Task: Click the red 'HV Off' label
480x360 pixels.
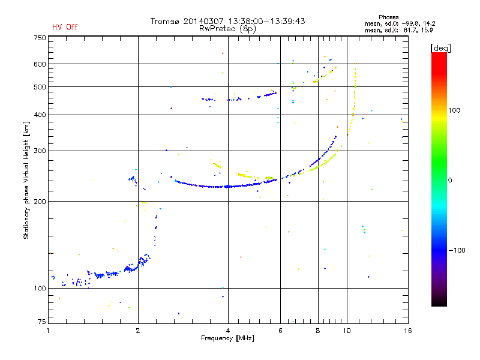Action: point(65,27)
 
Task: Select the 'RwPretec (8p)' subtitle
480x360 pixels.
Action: point(227,29)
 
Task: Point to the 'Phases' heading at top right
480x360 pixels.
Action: point(388,17)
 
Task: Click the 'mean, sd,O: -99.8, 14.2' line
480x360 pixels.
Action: point(400,23)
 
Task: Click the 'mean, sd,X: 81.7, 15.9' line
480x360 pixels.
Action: point(398,31)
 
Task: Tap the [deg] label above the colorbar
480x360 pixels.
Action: point(440,48)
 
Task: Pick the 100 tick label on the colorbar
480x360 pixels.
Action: point(454,110)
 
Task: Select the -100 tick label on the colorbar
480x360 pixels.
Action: point(457,250)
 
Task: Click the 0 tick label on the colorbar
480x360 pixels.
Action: point(450,181)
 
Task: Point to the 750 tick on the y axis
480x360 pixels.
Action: point(40,38)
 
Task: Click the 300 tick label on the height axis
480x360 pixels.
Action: point(40,151)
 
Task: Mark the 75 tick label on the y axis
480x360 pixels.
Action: point(42,322)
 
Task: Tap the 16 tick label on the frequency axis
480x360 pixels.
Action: point(408,331)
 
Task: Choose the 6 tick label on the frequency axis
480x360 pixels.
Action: point(280,331)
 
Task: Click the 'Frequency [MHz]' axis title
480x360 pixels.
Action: point(227,338)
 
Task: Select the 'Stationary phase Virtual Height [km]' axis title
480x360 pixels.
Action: point(26,180)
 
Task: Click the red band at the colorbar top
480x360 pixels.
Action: point(439,61)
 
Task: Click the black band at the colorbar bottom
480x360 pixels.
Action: point(439,302)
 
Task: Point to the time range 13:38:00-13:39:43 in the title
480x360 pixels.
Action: point(266,21)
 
